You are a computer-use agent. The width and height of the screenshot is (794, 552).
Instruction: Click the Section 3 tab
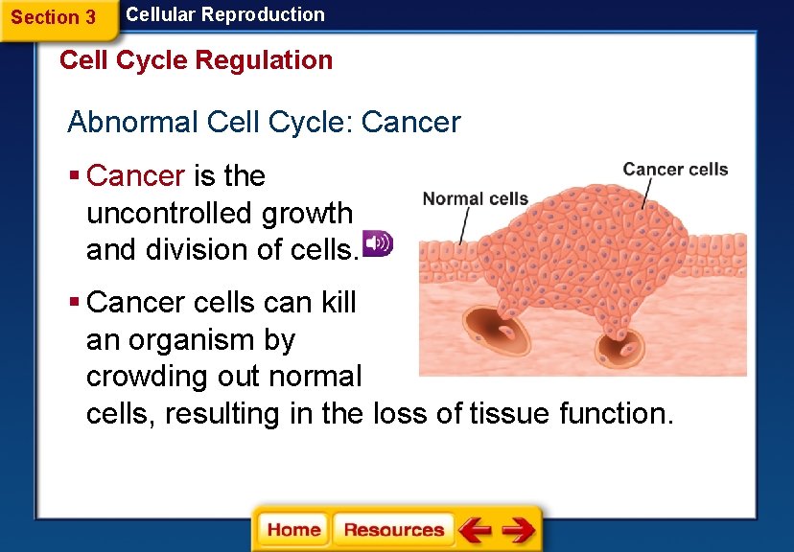pos(54,17)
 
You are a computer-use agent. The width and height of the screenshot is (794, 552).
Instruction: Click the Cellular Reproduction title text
pos(225,14)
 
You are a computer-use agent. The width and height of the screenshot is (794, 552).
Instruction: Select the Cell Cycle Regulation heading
pos(196,60)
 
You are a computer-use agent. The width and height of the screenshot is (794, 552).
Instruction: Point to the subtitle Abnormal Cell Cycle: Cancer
pos(264,123)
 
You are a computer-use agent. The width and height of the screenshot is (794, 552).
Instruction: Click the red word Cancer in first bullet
pos(135,176)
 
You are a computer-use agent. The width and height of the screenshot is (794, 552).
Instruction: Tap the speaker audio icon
pos(377,243)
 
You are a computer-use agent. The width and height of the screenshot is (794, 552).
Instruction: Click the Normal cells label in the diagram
pos(476,199)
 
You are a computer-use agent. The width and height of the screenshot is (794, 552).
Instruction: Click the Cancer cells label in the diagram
pos(675,170)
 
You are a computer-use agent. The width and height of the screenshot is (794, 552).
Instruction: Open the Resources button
pos(393,530)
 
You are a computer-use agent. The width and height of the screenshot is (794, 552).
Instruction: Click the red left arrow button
pos(474,530)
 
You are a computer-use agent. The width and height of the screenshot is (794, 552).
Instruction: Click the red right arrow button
pos(519,530)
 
